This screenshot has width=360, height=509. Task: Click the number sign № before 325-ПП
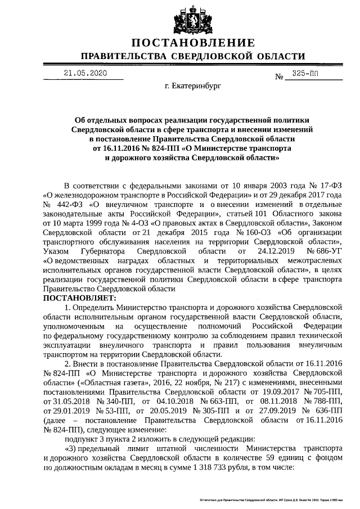(x=280, y=76)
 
